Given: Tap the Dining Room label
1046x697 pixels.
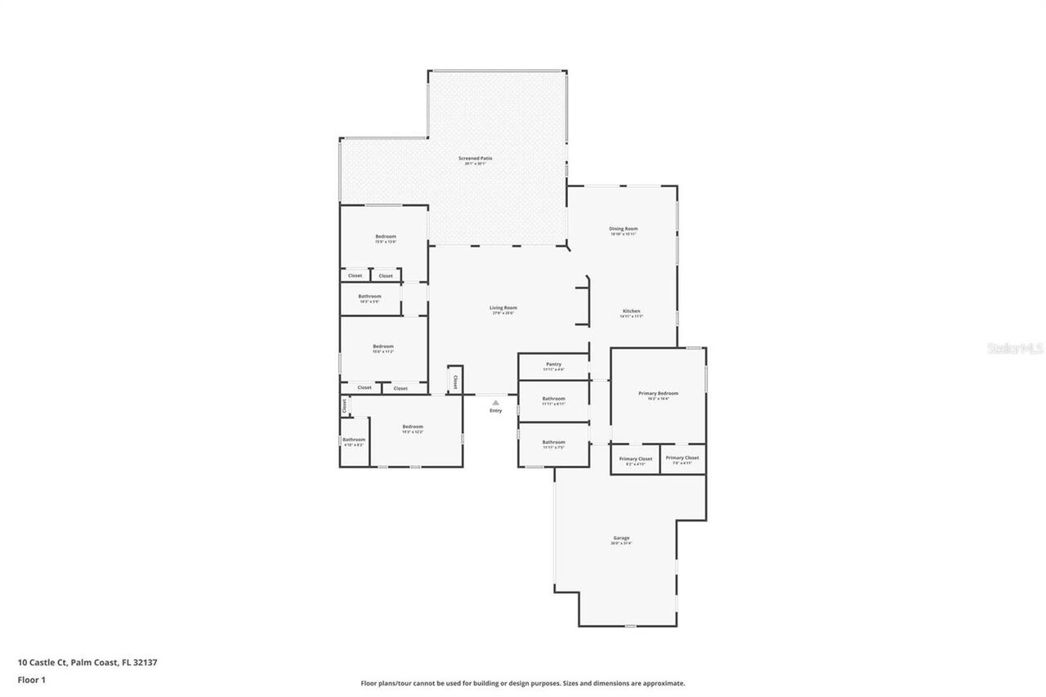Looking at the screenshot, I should point(623,229).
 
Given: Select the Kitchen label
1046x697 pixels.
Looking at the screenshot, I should point(632,311).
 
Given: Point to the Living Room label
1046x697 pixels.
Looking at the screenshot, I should point(503,308).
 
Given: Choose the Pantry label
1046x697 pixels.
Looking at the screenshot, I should point(554,364).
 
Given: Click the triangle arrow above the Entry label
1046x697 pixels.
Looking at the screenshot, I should point(495,402).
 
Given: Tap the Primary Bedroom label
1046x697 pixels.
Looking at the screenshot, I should point(658,393).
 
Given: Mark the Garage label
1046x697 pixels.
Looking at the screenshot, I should point(621,538).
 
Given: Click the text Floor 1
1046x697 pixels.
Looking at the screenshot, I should point(32,679).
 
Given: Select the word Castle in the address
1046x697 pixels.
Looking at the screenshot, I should point(42,663).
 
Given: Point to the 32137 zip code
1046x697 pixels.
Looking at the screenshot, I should point(145,663).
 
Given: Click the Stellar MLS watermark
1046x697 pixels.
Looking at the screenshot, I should point(1016,348).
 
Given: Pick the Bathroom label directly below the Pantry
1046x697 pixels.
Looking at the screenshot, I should point(553,399).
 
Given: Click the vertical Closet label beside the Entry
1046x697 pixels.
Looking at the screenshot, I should point(455,382).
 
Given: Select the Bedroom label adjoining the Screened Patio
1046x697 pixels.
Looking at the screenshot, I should point(386,236).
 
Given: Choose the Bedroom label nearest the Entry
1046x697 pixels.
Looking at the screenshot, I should point(413,427).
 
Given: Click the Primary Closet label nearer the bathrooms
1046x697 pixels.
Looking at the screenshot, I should point(636,458).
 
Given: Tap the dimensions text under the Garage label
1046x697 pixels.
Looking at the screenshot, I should point(621,543).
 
